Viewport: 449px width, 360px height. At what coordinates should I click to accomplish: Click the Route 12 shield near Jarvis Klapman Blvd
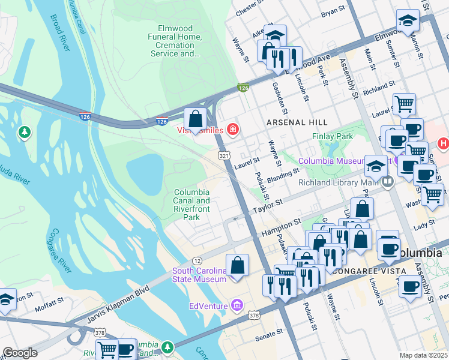pyautogui.click(x=197, y=260)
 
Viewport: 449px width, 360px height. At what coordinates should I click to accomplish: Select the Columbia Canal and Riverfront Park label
pyautogui.click(x=191, y=205)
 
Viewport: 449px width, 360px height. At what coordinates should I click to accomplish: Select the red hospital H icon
pyautogui.click(x=444, y=143)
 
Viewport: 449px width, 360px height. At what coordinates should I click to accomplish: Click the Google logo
pyautogui.click(x=20, y=353)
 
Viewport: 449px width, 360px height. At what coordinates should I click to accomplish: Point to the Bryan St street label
pyautogui.click(x=334, y=11)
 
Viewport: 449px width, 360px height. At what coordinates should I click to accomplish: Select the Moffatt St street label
pyautogui.click(x=46, y=308)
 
